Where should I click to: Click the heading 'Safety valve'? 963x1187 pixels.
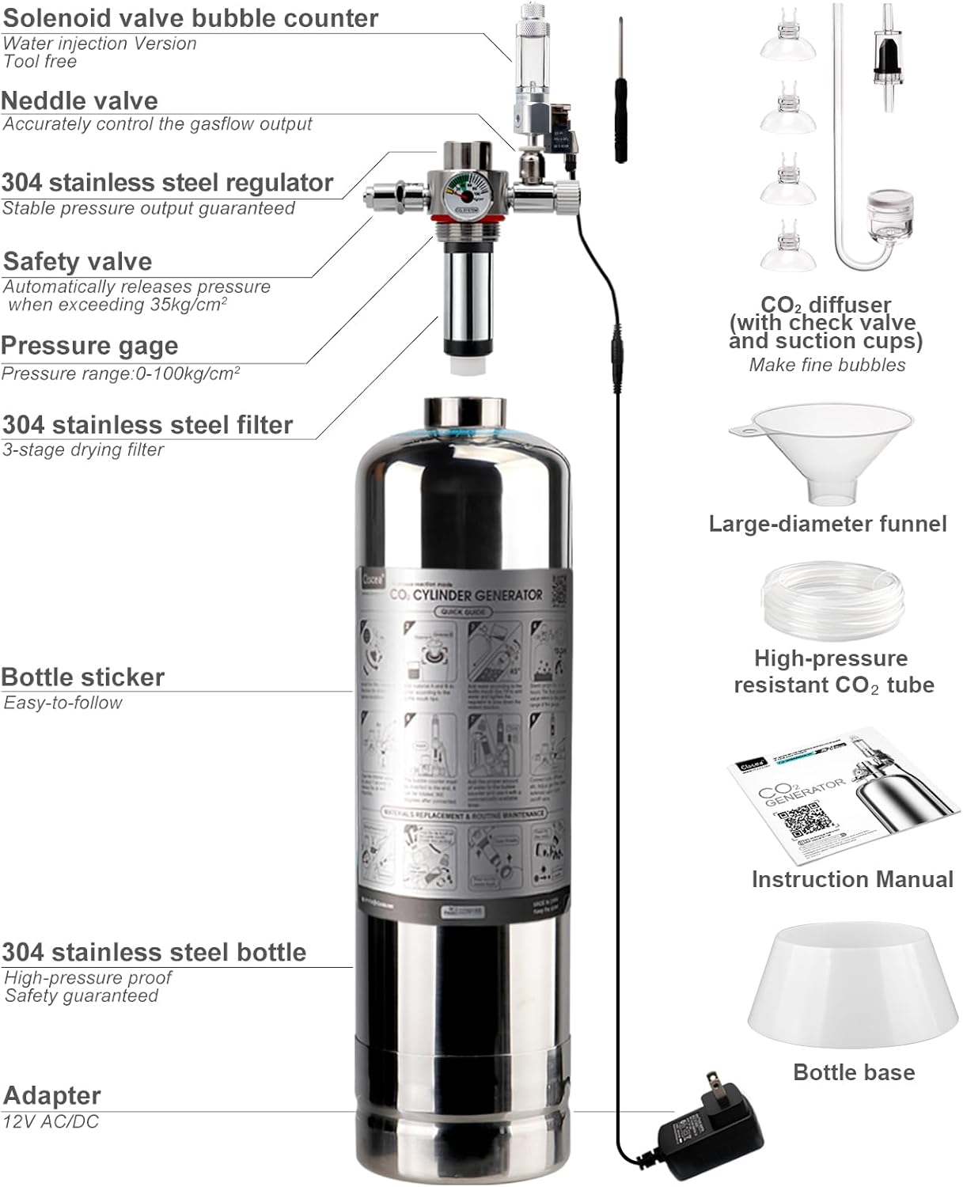pyautogui.click(x=78, y=261)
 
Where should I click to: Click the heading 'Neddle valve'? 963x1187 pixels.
pyautogui.click(x=80, y=100)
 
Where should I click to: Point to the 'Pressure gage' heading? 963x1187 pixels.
pyautogui.click(x=89, y=346)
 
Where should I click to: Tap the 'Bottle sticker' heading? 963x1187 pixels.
pyautogui.click(x=83, y=677)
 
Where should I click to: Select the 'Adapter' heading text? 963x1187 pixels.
pyautogui.click(x=52, y=1095)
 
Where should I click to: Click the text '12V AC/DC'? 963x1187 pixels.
pyautogui.click(x=51, y=1121)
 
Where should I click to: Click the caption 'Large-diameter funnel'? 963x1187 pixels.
pyautogui.click(x=827, y=524)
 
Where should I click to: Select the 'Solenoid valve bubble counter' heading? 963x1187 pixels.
pyautogui.click(x=191, y=18)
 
